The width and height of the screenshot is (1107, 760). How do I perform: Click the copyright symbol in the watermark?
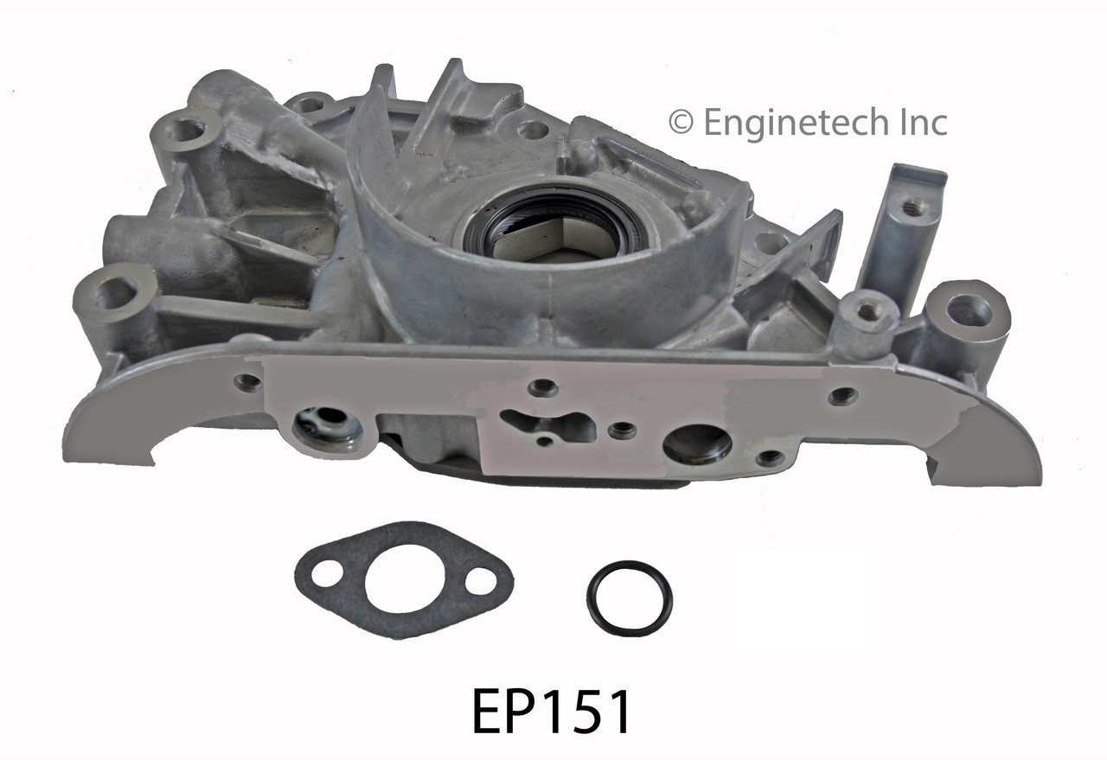pos(681,123)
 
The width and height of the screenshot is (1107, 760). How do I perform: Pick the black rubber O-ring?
pos(629,597)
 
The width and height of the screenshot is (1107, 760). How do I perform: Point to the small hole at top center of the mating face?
pos(544,386)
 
